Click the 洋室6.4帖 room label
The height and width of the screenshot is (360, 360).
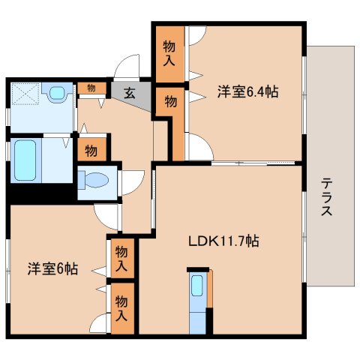[x=248, y=92]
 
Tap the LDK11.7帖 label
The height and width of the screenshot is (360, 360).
[x=223, y=241]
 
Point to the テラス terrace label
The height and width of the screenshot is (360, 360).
[x=328, y=196]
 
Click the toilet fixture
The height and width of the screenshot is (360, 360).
[x=94, y=180]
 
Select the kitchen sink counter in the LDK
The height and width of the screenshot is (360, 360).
[x=197, y=289]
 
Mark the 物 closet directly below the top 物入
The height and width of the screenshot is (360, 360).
[x=170, y=101]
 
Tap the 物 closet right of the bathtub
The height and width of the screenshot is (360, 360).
[x=91, y=150]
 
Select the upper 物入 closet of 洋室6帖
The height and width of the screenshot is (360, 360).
[x=121, y=259]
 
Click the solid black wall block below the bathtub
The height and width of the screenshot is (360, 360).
[x=41, y=190]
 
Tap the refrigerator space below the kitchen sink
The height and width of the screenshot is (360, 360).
[x=197, y=320]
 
